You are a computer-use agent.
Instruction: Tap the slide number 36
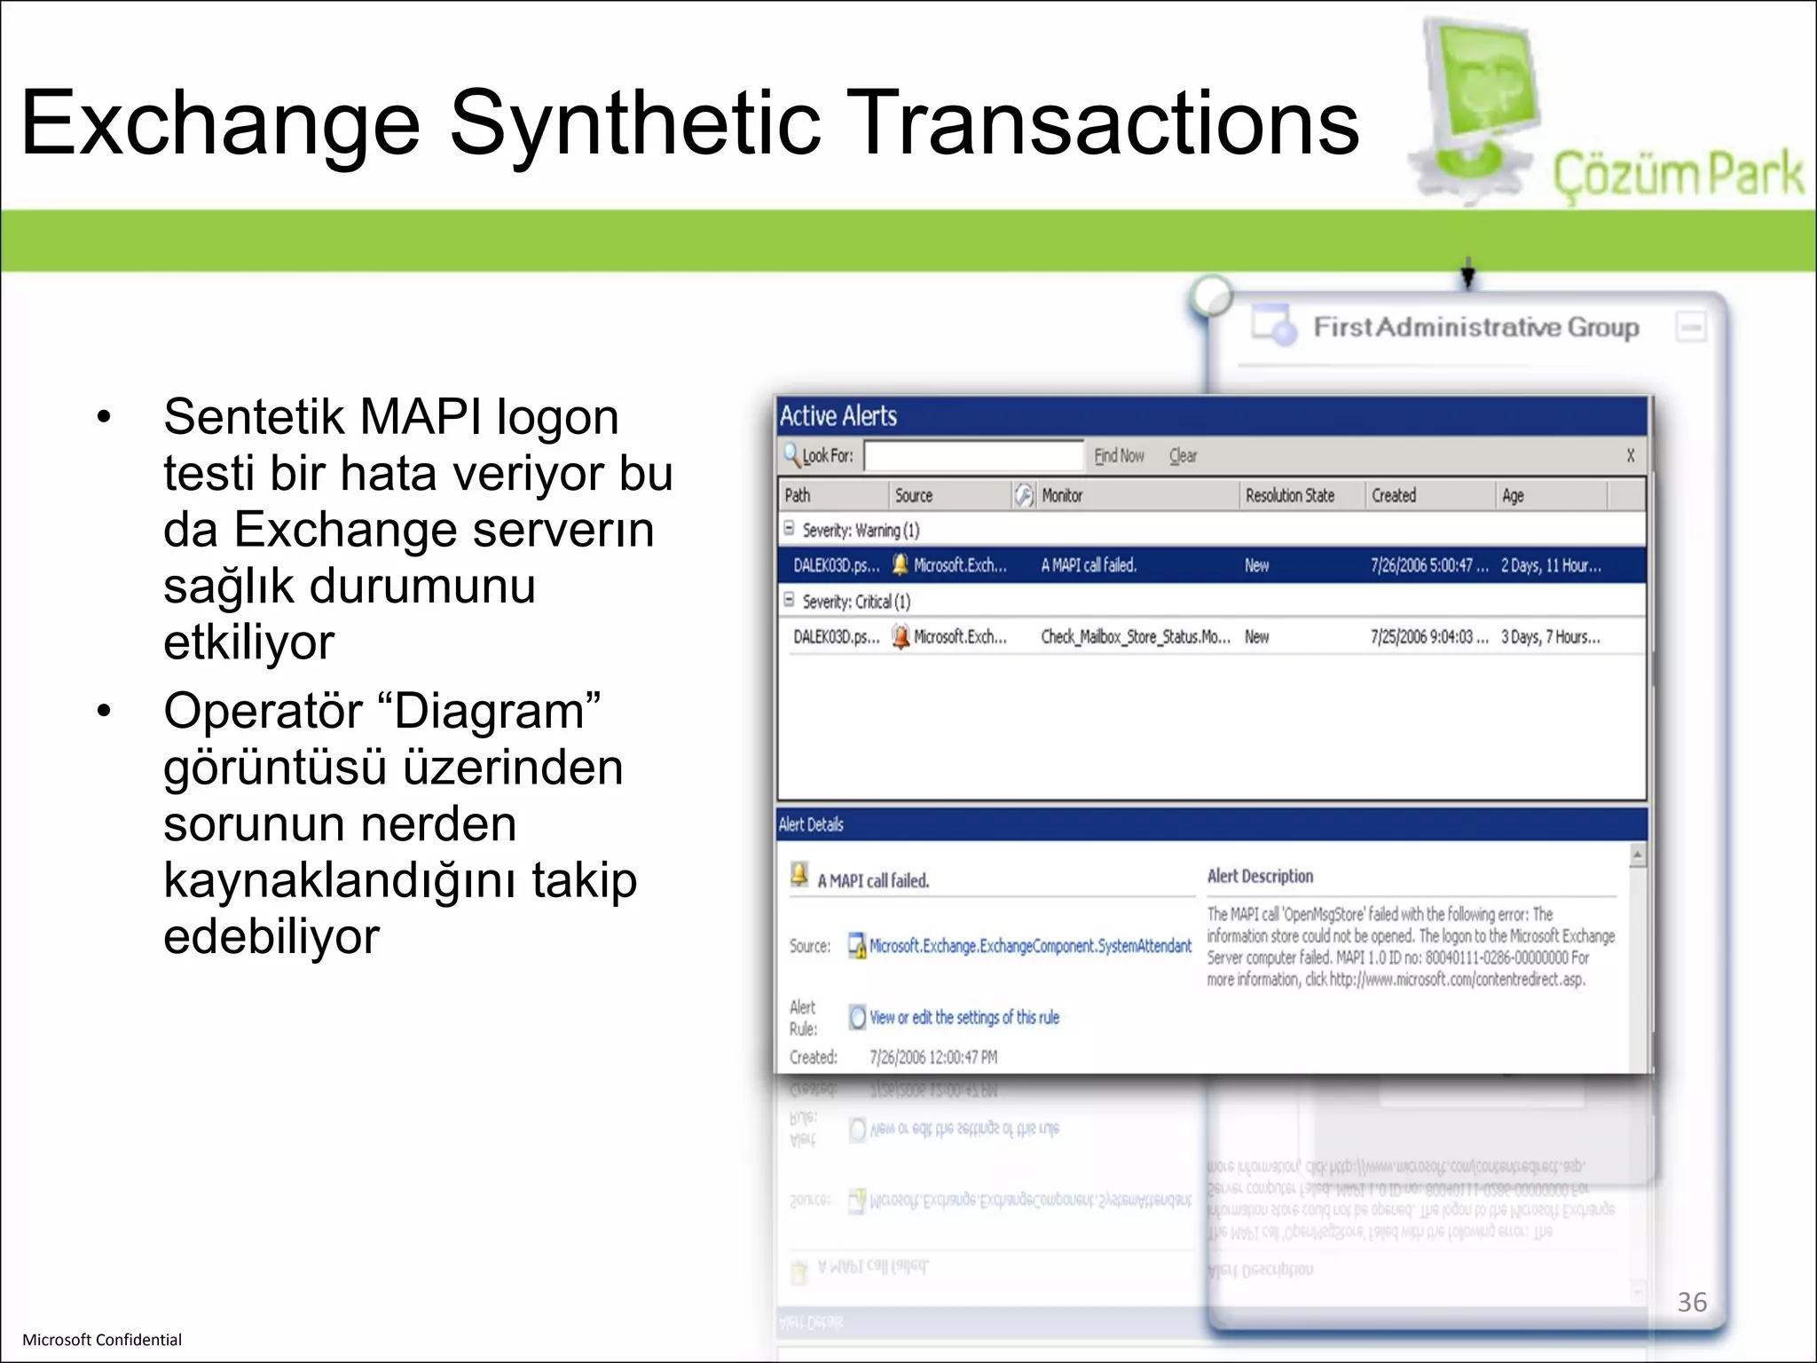click(x=1692, y=1302)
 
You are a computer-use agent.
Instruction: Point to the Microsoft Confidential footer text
click(x=102, y=1340)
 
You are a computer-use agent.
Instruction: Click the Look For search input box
click(x=973, y=456)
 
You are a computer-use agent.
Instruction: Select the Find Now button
click(x=1119, y=456)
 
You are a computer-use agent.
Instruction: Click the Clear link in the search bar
click(x=1183, y=456)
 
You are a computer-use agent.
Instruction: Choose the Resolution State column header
click(x=1289, y=496)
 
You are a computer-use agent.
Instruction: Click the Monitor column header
click(x=1062, y=496)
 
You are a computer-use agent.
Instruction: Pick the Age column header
click(x=1513, y=496)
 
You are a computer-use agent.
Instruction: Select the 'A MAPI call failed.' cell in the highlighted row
click(x=1089, y=565)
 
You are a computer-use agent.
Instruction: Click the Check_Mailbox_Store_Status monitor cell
click(x=1135, y=637)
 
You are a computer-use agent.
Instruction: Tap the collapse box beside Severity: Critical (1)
click(x=789, y=601)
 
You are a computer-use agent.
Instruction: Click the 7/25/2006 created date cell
click(x=1428, y=637)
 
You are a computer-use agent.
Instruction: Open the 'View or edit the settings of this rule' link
click(x=964, y=1018)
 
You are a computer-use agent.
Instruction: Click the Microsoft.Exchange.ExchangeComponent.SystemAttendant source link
click(x=1030, y=946)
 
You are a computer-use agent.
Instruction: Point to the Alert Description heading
click(x=1260, y=877)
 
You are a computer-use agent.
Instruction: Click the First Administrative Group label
click(x=1476, y=327)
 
